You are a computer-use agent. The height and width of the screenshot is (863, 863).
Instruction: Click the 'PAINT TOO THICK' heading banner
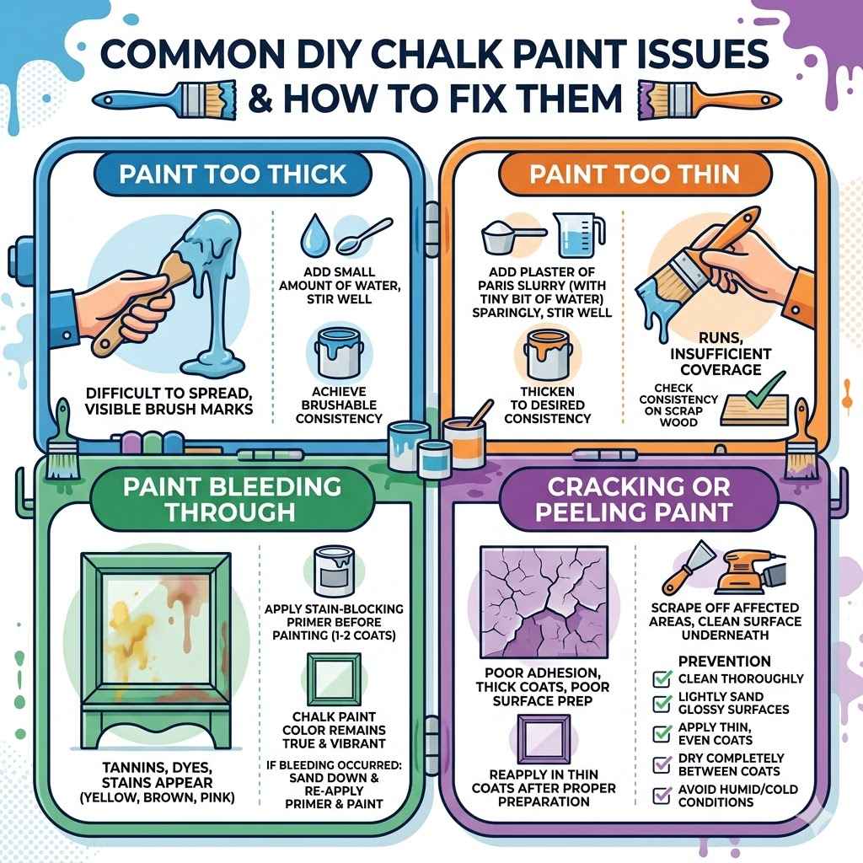(232, 174)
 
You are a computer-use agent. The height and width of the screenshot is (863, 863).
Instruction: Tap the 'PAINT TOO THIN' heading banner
(634, 174)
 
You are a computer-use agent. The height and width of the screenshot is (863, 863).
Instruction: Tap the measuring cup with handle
(579, 232)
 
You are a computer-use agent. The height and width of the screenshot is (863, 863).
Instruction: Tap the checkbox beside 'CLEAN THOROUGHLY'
(663, 678)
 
